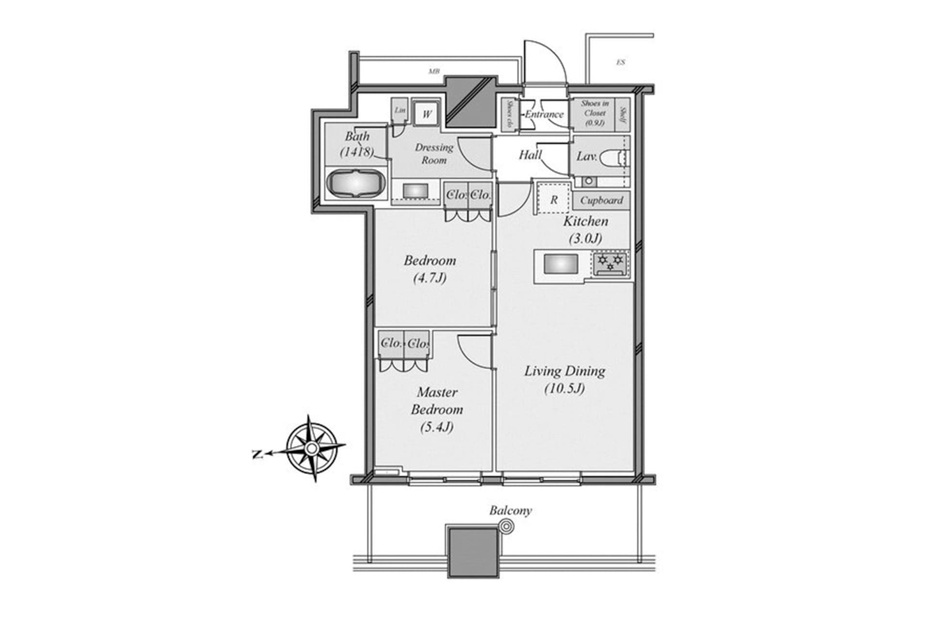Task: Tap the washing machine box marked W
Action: click(427, 114)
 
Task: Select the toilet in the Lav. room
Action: click(614, 158)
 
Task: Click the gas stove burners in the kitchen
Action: click(610, 263)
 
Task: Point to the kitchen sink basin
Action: click(561, 265)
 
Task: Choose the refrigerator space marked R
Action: click(554, 199)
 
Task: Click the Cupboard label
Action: click(601, 200)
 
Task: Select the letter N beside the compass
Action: click(257, 454)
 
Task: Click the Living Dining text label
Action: click(565, 372)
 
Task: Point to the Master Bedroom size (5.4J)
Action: click(437, 427)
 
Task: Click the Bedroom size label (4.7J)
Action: click(430, 278)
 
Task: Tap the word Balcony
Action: click(510, 511)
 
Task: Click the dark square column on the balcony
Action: click(473, 552)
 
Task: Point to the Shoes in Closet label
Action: click(594, 113)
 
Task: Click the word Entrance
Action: click(544, 115)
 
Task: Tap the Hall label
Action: click(530, 155)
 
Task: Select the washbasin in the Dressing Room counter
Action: click(415, 190)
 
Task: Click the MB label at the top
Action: click(433, 72)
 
